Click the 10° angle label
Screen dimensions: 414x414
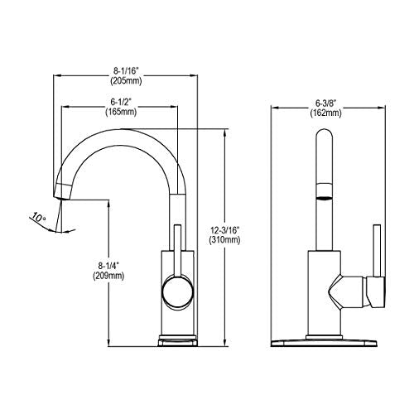coord(37,219)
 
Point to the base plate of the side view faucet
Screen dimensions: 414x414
coord(176,340)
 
